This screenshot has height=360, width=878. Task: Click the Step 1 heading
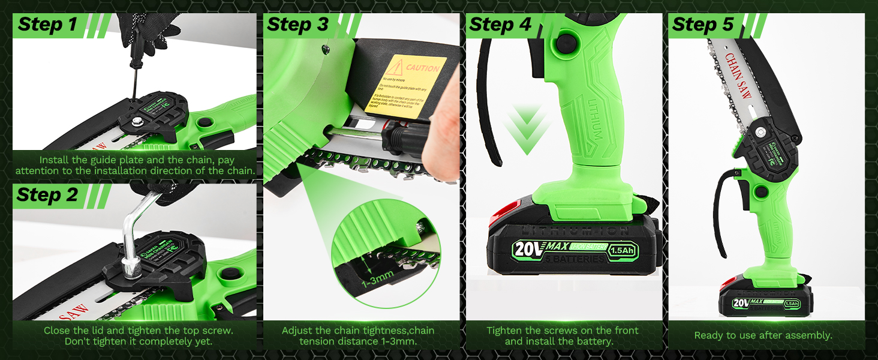[48, 25]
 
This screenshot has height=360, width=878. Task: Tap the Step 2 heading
[48, 195]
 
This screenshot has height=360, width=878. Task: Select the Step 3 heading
[298, 25]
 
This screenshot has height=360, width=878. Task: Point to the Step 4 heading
[500, 25]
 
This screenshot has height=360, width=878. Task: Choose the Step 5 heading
[703, 25]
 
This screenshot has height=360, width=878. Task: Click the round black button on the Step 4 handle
[563, 43]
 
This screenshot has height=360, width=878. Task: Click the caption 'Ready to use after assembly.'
[763, 335]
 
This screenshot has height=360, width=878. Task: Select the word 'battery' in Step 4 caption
[596, 341]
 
